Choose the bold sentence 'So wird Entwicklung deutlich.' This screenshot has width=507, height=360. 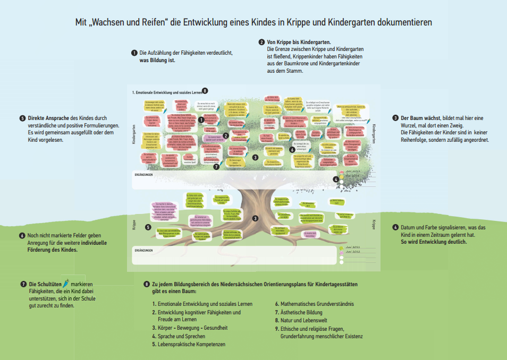pyautogui.click(x=434, y=242)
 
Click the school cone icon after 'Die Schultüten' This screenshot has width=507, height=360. pyautogui.click(x=66, y=284)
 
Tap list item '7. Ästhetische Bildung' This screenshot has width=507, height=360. pyautogui.click(x=299, y=312)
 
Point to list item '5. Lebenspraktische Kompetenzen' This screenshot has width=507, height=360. pyautogui.click(x=189, y=344)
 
